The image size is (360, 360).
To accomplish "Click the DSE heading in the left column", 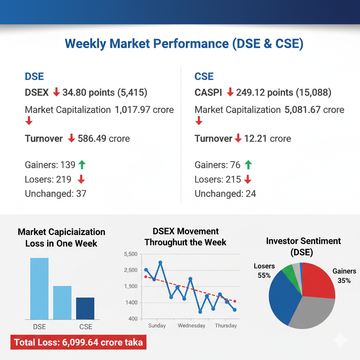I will (34, 76).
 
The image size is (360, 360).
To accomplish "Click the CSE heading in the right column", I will (204, 76).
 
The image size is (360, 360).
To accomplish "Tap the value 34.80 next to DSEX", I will (73, 92).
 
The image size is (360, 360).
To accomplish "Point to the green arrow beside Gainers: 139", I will (82, 165).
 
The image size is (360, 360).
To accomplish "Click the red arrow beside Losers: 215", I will (248, 179).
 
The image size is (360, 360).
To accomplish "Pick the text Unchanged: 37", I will (56, 193).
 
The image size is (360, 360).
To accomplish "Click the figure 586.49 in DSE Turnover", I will (92, 139).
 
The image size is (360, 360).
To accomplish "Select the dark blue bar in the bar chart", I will (85, 308).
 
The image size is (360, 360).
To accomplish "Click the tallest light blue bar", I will (39, 288).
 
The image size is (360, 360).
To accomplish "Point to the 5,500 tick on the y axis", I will (131, 254).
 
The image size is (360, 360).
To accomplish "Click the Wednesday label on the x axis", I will (191, 326).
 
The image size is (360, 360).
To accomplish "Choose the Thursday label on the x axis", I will (226, 326).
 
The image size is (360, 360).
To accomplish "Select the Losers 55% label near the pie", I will (264, 271).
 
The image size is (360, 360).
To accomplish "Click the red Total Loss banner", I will (78, 342).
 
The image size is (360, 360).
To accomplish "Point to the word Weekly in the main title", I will (85, 44).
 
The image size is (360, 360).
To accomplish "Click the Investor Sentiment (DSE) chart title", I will (303, 246).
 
